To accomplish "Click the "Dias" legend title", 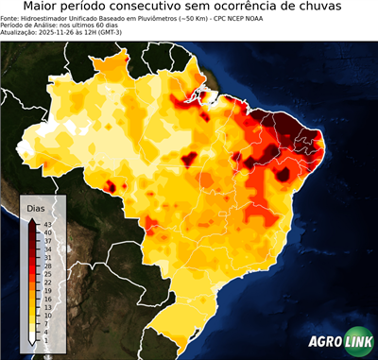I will [37, 209].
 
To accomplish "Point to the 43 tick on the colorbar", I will [47, 224].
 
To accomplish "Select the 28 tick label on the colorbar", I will [47, 266].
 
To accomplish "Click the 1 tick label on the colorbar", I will [45, 340].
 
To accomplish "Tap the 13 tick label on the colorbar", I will [47, 307].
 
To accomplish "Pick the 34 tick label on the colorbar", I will [47, 249].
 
